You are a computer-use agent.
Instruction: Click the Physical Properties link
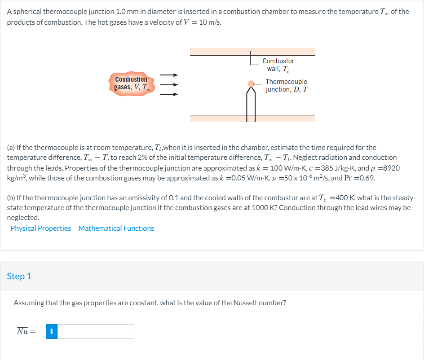tap(41, 228)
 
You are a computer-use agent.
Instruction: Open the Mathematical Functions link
tap(116, 228)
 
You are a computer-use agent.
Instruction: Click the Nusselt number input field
tap(96, 332)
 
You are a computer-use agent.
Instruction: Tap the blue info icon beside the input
tap(52, 332)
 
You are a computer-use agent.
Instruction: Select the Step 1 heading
tap(19, 276)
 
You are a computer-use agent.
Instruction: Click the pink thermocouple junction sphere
tap(251, 83)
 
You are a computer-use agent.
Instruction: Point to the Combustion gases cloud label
tap(131, 83)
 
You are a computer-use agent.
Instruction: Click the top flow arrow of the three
tap(170, 75)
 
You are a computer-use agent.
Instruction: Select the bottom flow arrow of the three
tap(170, 94)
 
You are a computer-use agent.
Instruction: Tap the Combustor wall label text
tap(278, 65)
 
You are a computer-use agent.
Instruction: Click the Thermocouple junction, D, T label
tap(286, 85)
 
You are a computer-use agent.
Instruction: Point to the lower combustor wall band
tap(252, 118)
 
